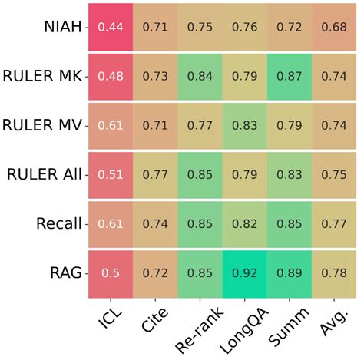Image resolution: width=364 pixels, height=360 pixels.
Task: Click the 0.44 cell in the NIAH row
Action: pos(109,28)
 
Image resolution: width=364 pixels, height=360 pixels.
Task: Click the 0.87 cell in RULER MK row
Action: pos(289,77)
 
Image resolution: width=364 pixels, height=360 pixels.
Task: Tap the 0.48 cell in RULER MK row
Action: pos(109,77)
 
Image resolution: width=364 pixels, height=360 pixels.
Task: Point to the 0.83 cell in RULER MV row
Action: pos(244,126)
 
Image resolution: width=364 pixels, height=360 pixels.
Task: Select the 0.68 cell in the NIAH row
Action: pos(334,28)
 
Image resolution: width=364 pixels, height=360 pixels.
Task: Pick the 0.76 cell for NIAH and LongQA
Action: pos(244,28)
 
